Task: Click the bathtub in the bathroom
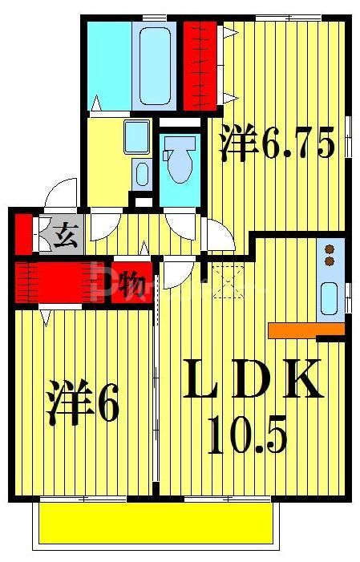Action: point(157,64)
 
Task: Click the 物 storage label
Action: point(131,284)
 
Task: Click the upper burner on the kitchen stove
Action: point(329,249)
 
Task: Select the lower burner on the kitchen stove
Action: point(329,261)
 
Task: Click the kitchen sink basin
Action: point(330,298)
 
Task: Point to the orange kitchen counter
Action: point(305,329)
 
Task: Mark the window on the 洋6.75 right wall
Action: point(349,136)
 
